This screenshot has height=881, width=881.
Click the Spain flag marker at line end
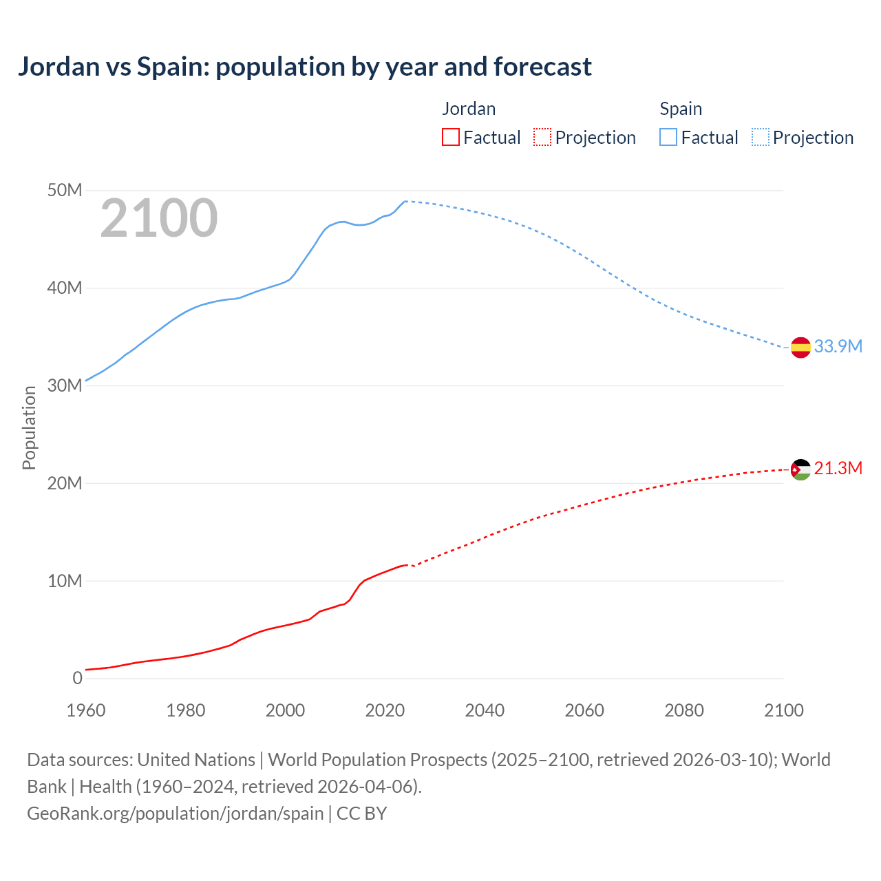[800, 348]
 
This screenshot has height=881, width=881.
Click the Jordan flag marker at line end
[800, 469]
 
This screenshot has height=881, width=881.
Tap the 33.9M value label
[838, 346]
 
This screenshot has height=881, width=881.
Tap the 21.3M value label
[838, 469]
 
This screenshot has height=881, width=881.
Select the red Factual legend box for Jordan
[450, 138]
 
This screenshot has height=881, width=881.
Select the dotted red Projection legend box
[542, 138]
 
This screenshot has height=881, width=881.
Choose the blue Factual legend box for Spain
[668, 138]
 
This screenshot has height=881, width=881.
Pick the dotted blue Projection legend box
[761, 138]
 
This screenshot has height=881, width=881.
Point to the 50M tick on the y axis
[65, 190]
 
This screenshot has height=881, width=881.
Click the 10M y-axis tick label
[65, 581]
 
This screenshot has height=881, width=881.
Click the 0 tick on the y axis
[77, 678]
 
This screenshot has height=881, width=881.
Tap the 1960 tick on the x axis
[86, 710]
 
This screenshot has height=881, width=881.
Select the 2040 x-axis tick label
[485, 710]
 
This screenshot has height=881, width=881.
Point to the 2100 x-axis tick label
[783, 710]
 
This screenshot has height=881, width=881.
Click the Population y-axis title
[29, 427]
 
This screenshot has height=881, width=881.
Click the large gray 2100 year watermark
[159, 218]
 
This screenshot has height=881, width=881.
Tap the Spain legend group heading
[681, 109]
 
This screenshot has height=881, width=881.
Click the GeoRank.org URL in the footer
[176, 813]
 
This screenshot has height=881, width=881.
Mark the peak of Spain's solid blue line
[405, 201]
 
